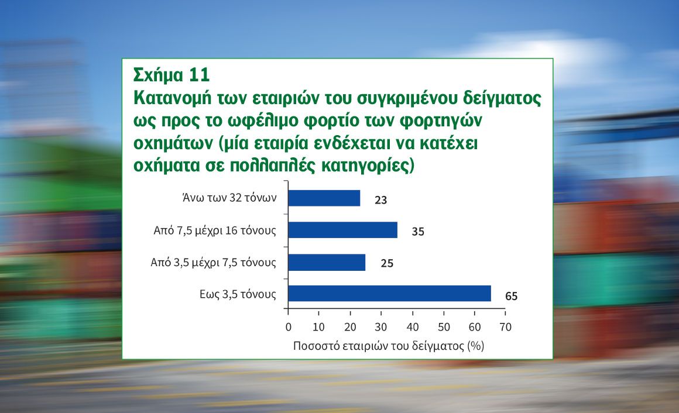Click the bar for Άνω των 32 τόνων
tap(324, 198)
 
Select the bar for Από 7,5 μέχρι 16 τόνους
tap(343, 230)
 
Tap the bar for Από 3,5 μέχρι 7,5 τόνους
tap(327, 262)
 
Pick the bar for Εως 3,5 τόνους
tap(390, 294)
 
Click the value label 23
tap(380, 200)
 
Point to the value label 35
tap(418, 232)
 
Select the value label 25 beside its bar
tap(387, 263)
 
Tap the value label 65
tap(512, 296)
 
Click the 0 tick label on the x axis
tap(289, 327)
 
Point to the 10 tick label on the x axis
tap(318, 327)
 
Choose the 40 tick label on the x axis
tap(413, 327)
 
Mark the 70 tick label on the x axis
tap(505, 327)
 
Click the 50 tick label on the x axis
tap(444, 327)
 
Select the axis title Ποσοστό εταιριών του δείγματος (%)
tap(389, 346)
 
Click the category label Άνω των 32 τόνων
tap(229, 198)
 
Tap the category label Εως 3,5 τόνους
tap(238, 294)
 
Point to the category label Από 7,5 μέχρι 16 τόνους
tap(215, 230)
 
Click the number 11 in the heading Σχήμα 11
tap(200, 75)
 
